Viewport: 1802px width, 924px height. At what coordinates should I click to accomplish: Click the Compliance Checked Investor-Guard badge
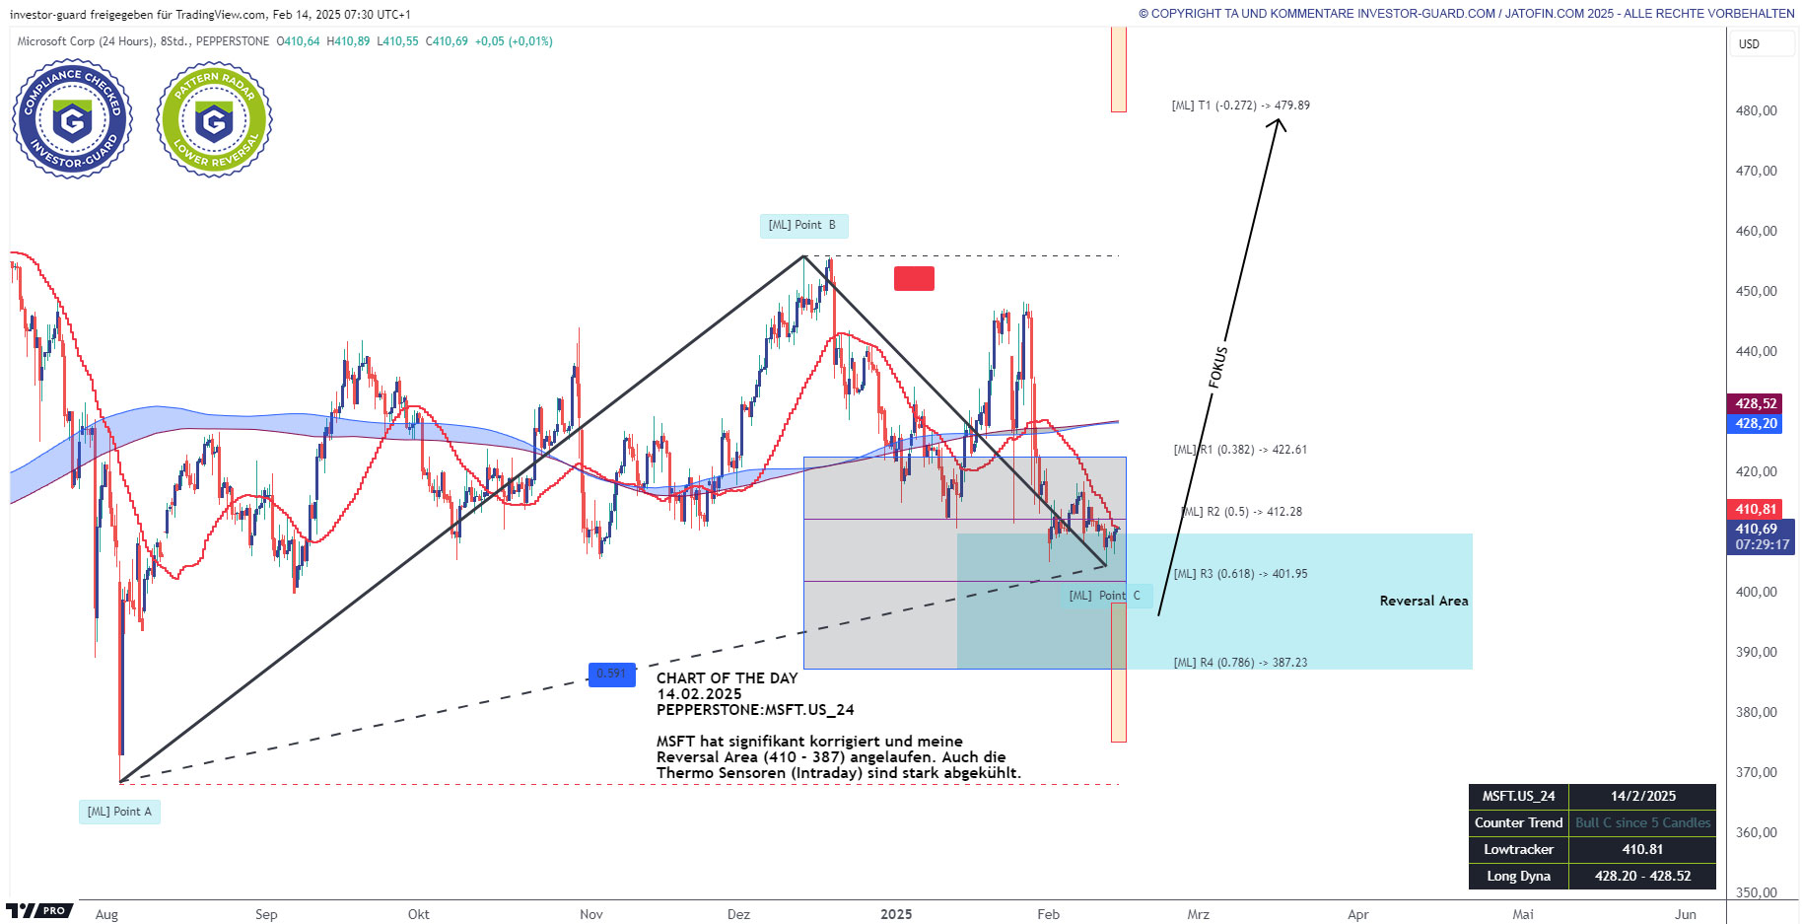click(72, 119)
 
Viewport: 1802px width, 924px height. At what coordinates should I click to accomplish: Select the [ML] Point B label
click(802, 226)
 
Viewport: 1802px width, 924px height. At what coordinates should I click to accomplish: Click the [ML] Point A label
click(119, 812)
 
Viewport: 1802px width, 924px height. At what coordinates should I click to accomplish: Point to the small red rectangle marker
click(914, 279)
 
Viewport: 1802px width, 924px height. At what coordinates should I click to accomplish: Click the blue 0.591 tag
click(611, 675)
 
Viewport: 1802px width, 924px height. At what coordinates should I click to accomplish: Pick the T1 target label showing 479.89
click(1240, 106)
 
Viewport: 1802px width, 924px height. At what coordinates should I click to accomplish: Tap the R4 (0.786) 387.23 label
click(1240, 663)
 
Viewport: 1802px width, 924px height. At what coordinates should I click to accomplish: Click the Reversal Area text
click(1423, 601)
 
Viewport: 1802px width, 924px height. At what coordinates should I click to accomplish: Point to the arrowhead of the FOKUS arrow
click(1278, 121)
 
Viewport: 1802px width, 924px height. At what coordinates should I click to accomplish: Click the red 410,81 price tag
click(1756, 509)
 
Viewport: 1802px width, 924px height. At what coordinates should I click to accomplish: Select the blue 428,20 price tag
click(1756, 423)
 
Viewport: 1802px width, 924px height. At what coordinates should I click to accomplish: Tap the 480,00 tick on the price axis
click(1756, 110)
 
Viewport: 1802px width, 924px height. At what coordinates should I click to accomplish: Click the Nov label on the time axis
click(591, 914)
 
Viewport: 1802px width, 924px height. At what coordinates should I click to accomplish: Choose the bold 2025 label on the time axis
click(896, 914)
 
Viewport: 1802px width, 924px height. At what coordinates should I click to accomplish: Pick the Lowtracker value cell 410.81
click(1641, 849)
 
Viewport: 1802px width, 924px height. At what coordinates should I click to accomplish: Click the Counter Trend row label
click(1518, 822)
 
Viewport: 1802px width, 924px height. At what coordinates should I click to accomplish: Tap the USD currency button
click(1750, 44)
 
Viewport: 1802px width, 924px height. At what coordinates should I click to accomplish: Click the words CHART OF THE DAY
click(727, 678)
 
